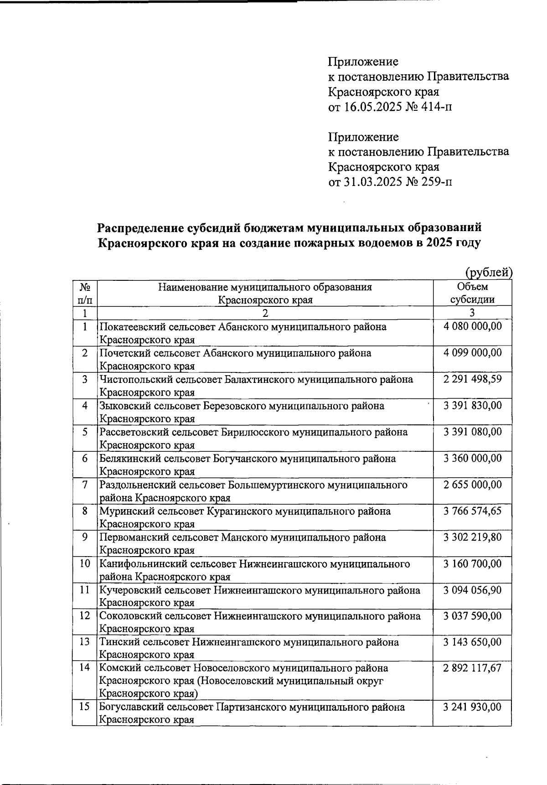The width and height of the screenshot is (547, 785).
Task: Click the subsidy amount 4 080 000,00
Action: point(472,326)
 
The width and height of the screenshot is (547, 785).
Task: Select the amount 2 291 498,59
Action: point(472,379)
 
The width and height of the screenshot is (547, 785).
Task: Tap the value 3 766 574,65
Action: point(472,511)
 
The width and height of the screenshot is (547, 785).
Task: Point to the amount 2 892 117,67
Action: point(472,668)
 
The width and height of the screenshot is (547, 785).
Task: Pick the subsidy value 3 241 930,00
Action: point(472,707)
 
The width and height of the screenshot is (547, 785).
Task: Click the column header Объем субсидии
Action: point(472,293)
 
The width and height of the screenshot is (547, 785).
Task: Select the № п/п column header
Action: point(85,293)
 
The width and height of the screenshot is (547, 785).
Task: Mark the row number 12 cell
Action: point(85,616)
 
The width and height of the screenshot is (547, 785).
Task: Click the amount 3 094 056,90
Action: point(472,590)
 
